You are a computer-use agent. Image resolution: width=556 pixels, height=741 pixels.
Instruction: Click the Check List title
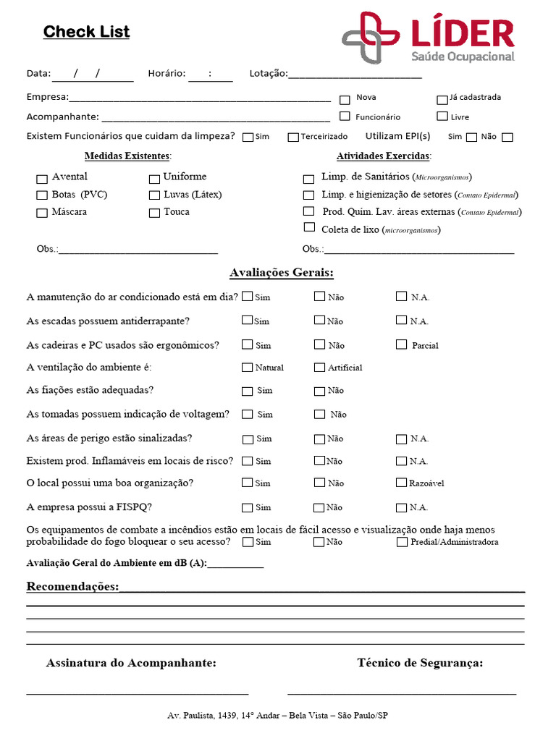(86, 32)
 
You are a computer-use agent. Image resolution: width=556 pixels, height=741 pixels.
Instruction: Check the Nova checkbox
(345, 100)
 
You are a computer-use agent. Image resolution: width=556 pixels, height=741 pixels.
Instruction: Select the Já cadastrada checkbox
(442, 100)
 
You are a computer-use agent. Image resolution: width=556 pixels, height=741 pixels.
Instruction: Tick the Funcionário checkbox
(345, 116)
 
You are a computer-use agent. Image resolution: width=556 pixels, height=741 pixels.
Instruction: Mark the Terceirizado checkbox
(293, 137)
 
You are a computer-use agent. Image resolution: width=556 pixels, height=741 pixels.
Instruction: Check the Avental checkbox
(42, 179)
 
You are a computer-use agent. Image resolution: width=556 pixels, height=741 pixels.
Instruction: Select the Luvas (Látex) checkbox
(154, 195)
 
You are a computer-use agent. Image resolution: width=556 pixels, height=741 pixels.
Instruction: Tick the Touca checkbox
(154, 213)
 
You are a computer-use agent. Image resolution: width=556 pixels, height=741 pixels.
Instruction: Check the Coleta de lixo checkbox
(310, 227)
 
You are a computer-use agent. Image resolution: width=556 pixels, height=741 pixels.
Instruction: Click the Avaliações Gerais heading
(282, 273)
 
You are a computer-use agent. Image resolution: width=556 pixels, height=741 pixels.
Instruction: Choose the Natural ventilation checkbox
(248, 368)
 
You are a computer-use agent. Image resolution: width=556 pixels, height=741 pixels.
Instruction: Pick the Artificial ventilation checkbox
(319, 368)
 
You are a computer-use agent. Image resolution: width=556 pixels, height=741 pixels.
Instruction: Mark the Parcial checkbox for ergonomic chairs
(402, 344)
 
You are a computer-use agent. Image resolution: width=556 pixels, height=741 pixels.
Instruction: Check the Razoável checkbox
(402, 483)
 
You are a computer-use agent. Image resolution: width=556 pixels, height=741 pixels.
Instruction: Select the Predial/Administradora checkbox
(402, 542)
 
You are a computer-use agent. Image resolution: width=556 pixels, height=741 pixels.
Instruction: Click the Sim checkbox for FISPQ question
(248, 507)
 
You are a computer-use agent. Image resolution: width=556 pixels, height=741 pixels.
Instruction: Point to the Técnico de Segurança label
(420, 663)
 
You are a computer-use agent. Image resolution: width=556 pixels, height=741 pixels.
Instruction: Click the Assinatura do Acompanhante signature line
(138, 694)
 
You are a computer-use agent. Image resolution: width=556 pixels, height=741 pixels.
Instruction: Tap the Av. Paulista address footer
(277, 716)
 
